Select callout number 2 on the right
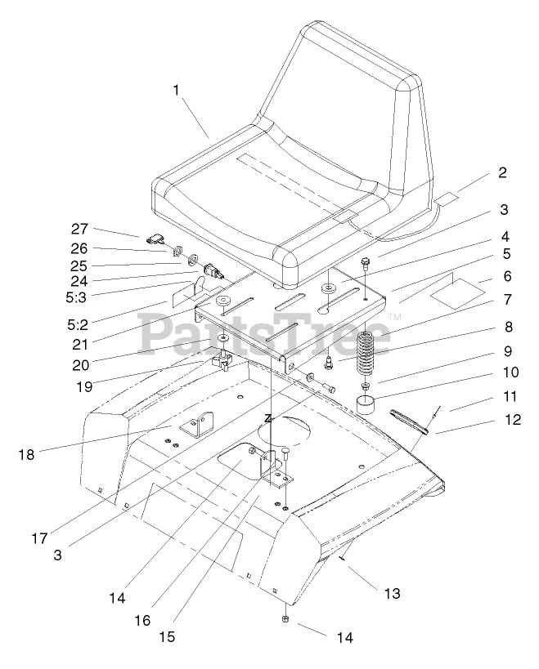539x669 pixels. click(501, 172)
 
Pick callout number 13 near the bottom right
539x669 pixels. click(393, 593)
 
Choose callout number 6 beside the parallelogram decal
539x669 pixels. click(507, 277)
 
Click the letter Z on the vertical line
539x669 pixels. click(267, 417)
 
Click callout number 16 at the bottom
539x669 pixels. click(144, 620)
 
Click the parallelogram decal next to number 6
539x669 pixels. click(455, 290)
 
